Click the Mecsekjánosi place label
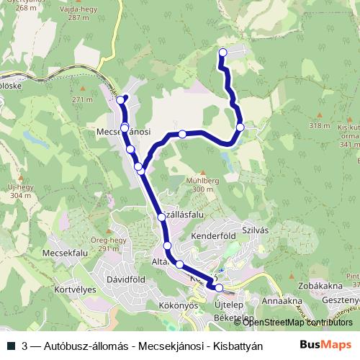point(124,132)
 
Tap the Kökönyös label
point(171,305)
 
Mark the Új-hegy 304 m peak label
point(20,192)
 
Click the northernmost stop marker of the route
point(222,52)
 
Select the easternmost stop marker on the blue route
point(240,127)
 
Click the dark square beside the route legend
point(12,345)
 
